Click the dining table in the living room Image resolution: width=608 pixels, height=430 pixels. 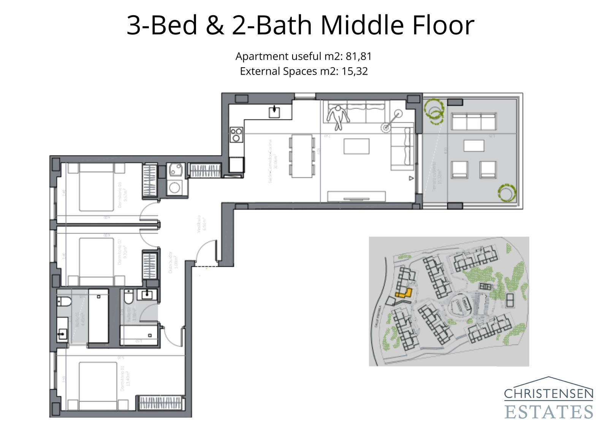click(x=302, y=156)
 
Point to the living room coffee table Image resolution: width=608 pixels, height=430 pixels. click(x=356, y=146)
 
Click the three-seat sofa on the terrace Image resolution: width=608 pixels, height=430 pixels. click(x=474, y=122)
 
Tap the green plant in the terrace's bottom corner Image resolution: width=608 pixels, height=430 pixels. click(x=507, y=192)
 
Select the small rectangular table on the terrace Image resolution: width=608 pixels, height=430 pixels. click(x=474, y=146)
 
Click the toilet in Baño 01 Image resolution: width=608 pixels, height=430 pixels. click(x=63, y=302)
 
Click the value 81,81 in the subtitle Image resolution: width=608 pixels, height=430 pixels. click(x=358, y=56)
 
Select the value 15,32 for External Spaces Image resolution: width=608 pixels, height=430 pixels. click(x=354, y=71)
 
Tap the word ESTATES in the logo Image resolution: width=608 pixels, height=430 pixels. click(x=548, y=412)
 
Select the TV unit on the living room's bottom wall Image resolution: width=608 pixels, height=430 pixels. click(x=356, y=196)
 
